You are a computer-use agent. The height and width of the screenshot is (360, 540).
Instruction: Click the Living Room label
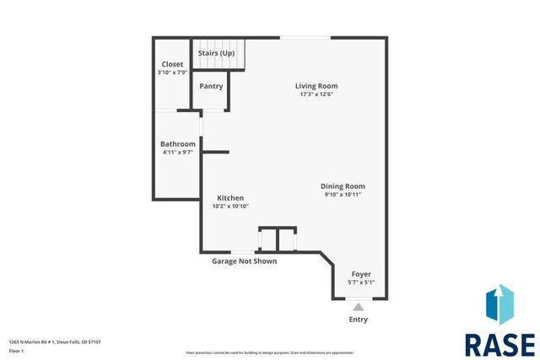coord(316,86)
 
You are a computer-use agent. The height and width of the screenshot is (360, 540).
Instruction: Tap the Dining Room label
coord(343,186)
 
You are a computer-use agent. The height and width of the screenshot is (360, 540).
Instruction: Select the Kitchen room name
coord(230,198)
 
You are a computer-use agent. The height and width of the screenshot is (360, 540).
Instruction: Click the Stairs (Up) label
coord(216,53)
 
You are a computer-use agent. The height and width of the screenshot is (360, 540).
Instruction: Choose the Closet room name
coord(173,64)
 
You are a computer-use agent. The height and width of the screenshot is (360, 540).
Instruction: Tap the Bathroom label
coord(179,144)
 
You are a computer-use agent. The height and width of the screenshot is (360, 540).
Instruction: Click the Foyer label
coord(361,274)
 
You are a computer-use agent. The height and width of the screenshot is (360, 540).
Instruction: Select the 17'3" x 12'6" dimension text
coord(316,94)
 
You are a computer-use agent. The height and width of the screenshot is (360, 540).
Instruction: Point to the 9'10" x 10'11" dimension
coord(343,195)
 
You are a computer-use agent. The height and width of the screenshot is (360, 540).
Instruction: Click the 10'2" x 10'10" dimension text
coord(230,207)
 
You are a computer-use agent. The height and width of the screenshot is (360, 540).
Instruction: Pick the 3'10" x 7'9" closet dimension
coord(173,73)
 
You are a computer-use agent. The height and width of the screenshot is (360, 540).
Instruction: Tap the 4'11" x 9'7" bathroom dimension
coord(179,153)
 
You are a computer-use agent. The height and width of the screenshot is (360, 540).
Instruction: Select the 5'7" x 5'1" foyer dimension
coord(361,282)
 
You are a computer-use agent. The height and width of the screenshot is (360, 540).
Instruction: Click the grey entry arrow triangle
coord(359,307)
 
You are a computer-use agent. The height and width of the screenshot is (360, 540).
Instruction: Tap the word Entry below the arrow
coord(359,320)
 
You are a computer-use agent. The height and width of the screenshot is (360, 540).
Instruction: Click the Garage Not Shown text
coord(244,261)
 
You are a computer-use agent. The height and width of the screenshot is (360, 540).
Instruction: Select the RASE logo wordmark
coord(499,344)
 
